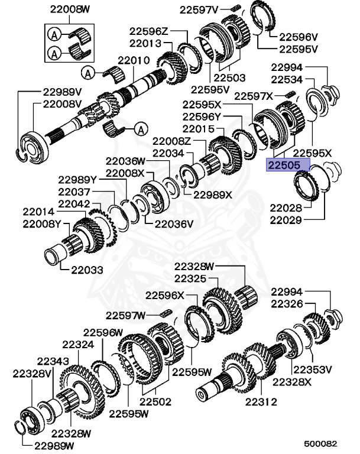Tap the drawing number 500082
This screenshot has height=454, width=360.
[320, 443]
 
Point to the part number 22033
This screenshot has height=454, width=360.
[87, 270]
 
